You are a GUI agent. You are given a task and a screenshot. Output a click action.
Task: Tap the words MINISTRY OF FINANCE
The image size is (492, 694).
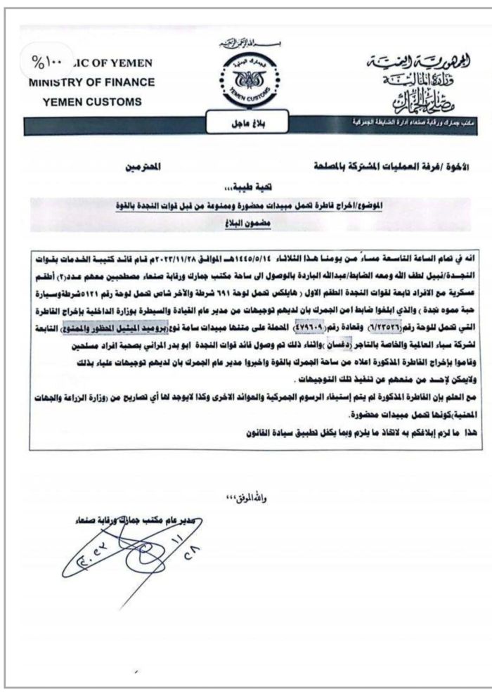92,82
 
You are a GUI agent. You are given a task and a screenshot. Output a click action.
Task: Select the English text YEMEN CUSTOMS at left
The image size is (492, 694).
91,101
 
